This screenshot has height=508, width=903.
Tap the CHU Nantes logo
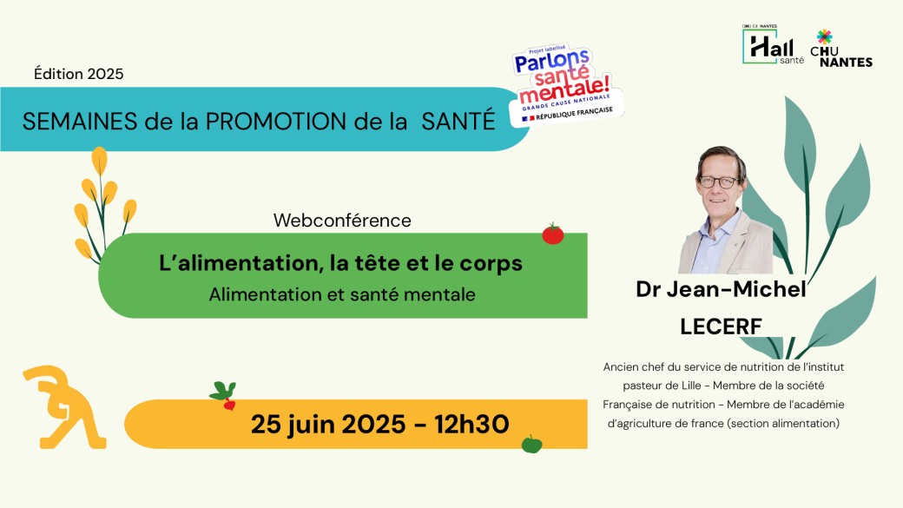(840, 49)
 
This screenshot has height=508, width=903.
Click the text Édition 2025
(78, 74)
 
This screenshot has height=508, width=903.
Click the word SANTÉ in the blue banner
(458, 121)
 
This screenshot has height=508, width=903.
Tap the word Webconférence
(342, 220)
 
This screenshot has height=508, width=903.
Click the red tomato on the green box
(553, 234)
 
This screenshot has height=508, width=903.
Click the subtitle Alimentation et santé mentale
(342, 294)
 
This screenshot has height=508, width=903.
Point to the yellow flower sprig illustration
(103, 204)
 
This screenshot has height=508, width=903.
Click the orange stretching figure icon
(64, 406)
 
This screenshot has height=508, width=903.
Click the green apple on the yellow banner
(531, 444)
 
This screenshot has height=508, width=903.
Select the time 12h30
(471, 425)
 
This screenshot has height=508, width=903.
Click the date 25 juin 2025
(328, 425)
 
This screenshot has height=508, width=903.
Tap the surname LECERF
(721, 327)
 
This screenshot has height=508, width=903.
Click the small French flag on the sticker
(526, 119)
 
